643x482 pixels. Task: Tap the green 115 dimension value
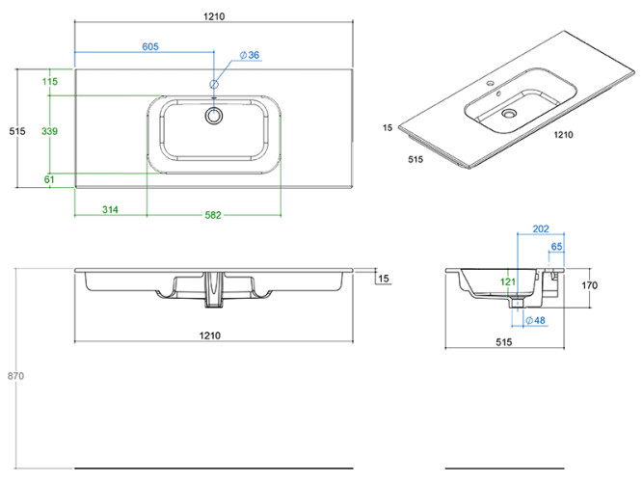[x=50, y=82]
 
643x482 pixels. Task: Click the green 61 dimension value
[x=50, y=179]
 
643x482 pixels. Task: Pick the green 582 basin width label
[x=213, y=213]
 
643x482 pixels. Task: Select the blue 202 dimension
[x=540, y=229]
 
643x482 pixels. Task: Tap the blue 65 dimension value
[x=556, y=248]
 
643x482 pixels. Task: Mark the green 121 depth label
[x=508, y=281]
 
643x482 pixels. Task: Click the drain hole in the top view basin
[x=213, y=115]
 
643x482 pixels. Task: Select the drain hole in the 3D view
[x=507, y=114]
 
